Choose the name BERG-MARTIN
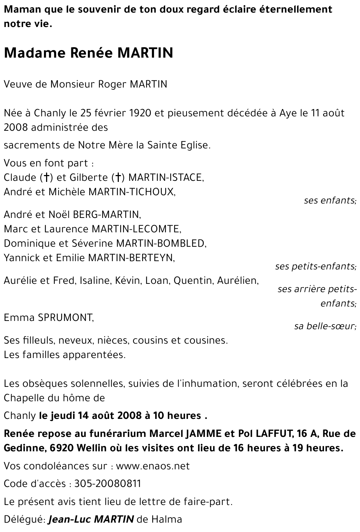pyautogui.click(x=107, y=215)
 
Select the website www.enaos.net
pyautogui.click(x=153, y=466)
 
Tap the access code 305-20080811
pyautogui.click(x=108, y=483)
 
